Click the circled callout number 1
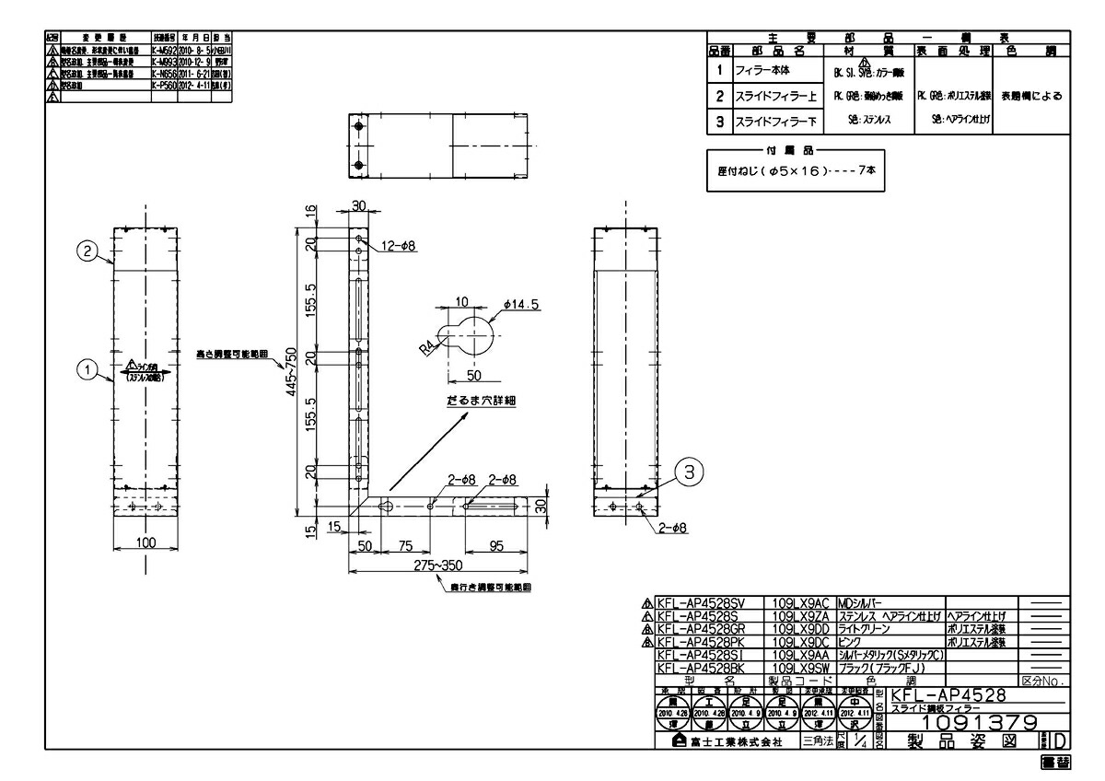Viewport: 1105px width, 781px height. point(86,369)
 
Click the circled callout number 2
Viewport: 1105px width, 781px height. point(86,251)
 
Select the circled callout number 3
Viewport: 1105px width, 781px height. point(692,471)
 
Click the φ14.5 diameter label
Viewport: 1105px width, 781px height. point(521,304)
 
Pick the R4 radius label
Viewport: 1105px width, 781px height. point(426,349)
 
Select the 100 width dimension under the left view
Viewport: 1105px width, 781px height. point(145,542)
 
